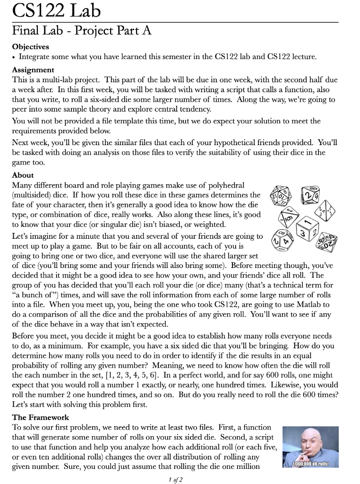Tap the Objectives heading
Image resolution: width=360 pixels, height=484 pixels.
(x=30, y=47)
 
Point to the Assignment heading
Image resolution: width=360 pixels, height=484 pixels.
(x=32, y=69)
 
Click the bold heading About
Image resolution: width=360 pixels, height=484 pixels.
(x=23, y=175)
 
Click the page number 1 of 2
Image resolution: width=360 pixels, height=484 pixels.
(x=175, y=480)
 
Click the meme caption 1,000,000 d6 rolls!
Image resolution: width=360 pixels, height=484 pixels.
(x=310, y=464)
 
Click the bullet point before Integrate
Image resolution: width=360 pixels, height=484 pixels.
(x=14, y=57)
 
